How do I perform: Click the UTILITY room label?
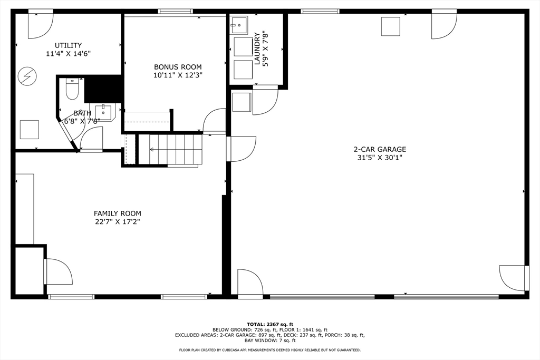coord(68,45)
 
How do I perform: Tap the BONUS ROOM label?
coord(178,67)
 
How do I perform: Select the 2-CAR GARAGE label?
coord(379,149)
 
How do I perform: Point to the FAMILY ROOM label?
coord(117,213)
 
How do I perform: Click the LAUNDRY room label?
coord(257,42)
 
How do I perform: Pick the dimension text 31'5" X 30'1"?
coord(379,158)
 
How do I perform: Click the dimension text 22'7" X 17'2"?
coord(117,222)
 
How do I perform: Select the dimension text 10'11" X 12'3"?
coord(178,75)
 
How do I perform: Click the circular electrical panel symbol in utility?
coord(25,76)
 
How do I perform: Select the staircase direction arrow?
coord(152,150)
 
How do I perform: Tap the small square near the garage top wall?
coord(390,26)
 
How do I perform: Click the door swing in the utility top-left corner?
coord(41,25)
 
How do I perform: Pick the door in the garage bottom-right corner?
coord(513,278)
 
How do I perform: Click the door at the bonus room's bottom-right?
coord(215,121)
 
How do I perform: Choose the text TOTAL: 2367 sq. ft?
coord(270,324)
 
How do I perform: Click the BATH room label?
coord(82,113)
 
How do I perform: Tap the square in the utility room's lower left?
coord(29,129)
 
